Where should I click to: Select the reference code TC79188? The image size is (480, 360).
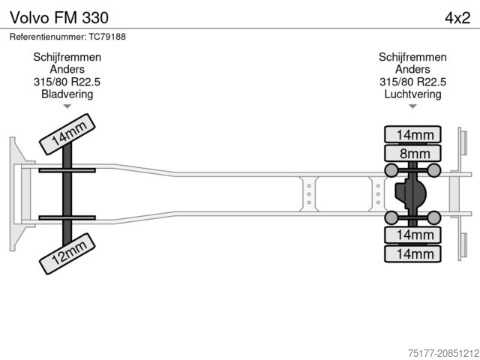[x=107, y=37]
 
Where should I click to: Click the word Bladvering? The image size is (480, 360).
[x=67, y=94]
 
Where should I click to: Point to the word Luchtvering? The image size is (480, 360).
[x=412, y=94]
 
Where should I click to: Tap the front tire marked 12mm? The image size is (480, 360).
[x=66, y=255]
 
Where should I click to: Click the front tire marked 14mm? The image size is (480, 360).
[x=67, y=133]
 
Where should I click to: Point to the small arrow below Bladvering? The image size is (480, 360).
[x=67, y=106]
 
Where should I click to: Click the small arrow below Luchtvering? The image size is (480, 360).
[x=412, y=106]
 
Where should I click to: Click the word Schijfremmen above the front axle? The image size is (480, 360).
[x=67, y=57]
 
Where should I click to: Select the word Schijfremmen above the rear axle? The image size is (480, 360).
[x=412, y=57]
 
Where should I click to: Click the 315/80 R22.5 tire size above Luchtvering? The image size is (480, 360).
[x=412, y=82]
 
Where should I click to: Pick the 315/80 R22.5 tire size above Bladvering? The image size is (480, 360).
[x=67, y=82]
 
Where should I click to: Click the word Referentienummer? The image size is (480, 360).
[x=47, y=37]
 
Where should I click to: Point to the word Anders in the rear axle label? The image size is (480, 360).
[x=412, y=70]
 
